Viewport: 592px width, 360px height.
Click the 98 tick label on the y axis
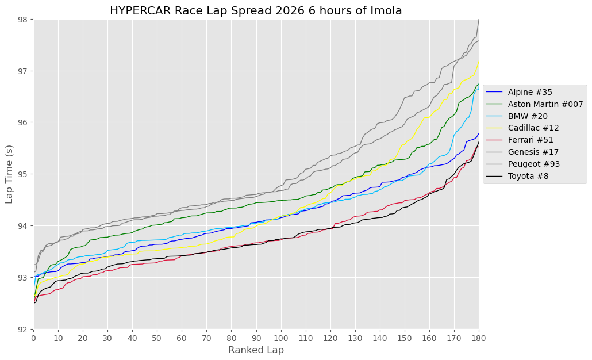click(24, 20)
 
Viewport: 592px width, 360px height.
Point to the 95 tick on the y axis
click(24, 174)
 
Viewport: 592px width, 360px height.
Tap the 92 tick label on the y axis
click(24, 329)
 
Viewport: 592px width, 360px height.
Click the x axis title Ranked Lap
click(256, 350)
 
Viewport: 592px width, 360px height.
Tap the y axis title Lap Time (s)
click(10, 174)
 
